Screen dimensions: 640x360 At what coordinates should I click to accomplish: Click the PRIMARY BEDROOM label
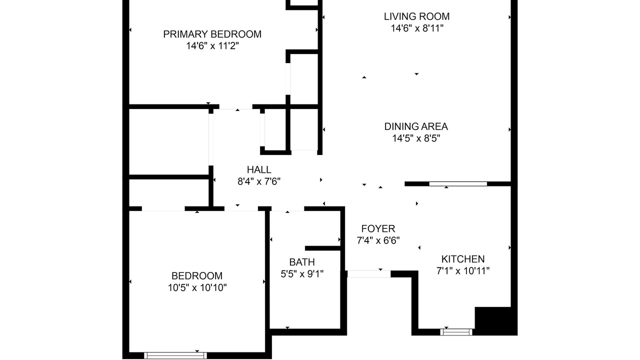pos(212,34)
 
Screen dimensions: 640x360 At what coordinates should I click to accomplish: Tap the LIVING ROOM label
pos(417,16)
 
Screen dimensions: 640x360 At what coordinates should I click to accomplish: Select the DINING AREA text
pos(416,126)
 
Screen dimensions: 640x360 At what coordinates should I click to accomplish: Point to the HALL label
pos(259,169)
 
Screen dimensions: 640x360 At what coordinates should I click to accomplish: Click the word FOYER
pos(378,229)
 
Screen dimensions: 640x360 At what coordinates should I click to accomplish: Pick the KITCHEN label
pos(463,259)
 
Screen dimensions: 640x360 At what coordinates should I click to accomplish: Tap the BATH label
pos(302,262)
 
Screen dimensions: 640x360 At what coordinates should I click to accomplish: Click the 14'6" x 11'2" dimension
pos(212,45)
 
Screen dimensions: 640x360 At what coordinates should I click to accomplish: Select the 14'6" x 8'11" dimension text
pos(417,28)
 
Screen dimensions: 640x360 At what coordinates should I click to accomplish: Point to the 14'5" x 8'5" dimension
pos(416,138)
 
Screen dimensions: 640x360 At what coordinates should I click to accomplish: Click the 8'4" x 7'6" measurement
pos(259,181)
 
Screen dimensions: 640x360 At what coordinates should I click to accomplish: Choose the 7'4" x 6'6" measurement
pos(378,240)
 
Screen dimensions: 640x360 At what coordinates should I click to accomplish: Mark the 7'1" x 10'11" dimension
pos(463,271)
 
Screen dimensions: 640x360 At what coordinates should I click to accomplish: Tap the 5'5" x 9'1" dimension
pos(302,274)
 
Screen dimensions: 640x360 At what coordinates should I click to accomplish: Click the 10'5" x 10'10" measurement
pos(197,287)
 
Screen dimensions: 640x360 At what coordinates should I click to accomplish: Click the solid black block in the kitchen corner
pos(496,321)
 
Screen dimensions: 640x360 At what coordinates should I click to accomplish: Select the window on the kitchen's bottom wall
pos(456,332)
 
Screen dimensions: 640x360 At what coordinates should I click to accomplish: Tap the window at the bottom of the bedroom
pos(175,355)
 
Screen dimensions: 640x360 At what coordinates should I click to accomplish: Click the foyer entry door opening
pos(369,273)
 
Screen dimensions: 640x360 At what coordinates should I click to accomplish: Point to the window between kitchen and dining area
pos(458,184)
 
